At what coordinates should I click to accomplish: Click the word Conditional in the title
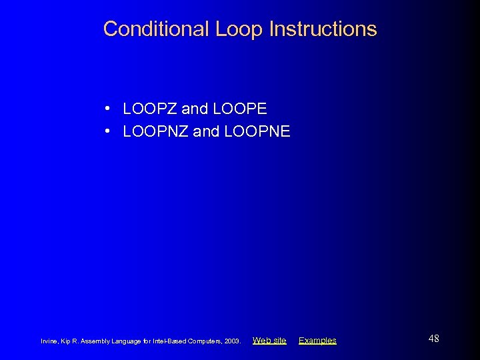coord(157,29)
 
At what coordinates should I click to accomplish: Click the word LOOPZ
coord(150,109)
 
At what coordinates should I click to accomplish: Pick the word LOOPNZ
coord(155,131)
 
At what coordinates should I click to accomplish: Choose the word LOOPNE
coord(257,131)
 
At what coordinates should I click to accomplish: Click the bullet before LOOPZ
coord(107,109)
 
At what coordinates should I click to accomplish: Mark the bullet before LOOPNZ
coord(107,131)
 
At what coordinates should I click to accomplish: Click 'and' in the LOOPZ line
coord(194,109)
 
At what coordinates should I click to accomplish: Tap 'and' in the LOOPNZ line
coord(206,131)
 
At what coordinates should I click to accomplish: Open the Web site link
coord(269,341)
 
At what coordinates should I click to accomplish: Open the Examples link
coord(317,341)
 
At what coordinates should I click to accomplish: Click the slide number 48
coord(433,339)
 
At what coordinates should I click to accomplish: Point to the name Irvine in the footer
coord(49,341)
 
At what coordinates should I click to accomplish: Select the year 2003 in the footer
coord(233,341)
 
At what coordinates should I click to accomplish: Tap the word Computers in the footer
coord(205,341)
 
